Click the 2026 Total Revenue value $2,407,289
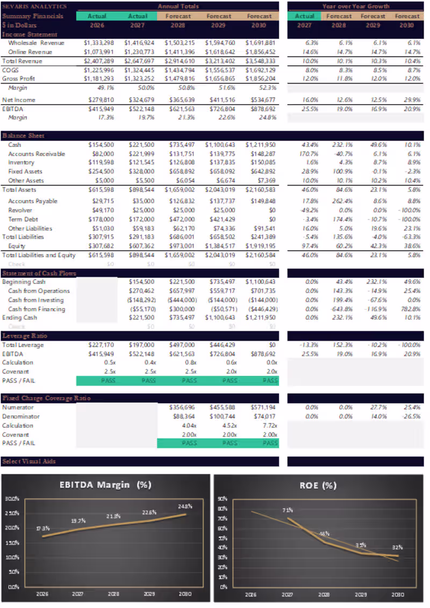pos(98,61)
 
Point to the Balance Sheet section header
pos(23,136)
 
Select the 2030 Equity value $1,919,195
pos(260,246)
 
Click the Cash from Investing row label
pos(35,300)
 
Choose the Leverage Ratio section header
pos(25,336)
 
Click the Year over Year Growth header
pos(356,6)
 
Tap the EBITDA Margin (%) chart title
pos(105,485)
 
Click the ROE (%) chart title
pos(318,485)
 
